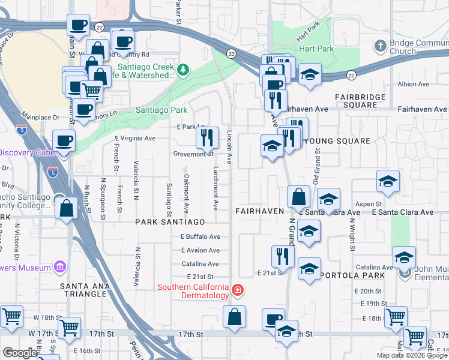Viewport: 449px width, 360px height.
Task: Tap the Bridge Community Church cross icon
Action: [379, 46]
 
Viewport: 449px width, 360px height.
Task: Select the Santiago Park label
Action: [161, 110]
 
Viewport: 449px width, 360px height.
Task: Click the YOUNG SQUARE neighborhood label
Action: [337, 141]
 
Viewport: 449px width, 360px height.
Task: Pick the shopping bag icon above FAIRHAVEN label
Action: [298, 196]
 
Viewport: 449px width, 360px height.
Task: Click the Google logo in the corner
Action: [19, 353]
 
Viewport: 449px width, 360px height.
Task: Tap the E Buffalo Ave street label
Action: [200, 236]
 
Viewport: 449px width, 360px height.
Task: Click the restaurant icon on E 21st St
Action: [282, 256]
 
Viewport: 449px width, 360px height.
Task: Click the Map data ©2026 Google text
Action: [411, 355]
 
